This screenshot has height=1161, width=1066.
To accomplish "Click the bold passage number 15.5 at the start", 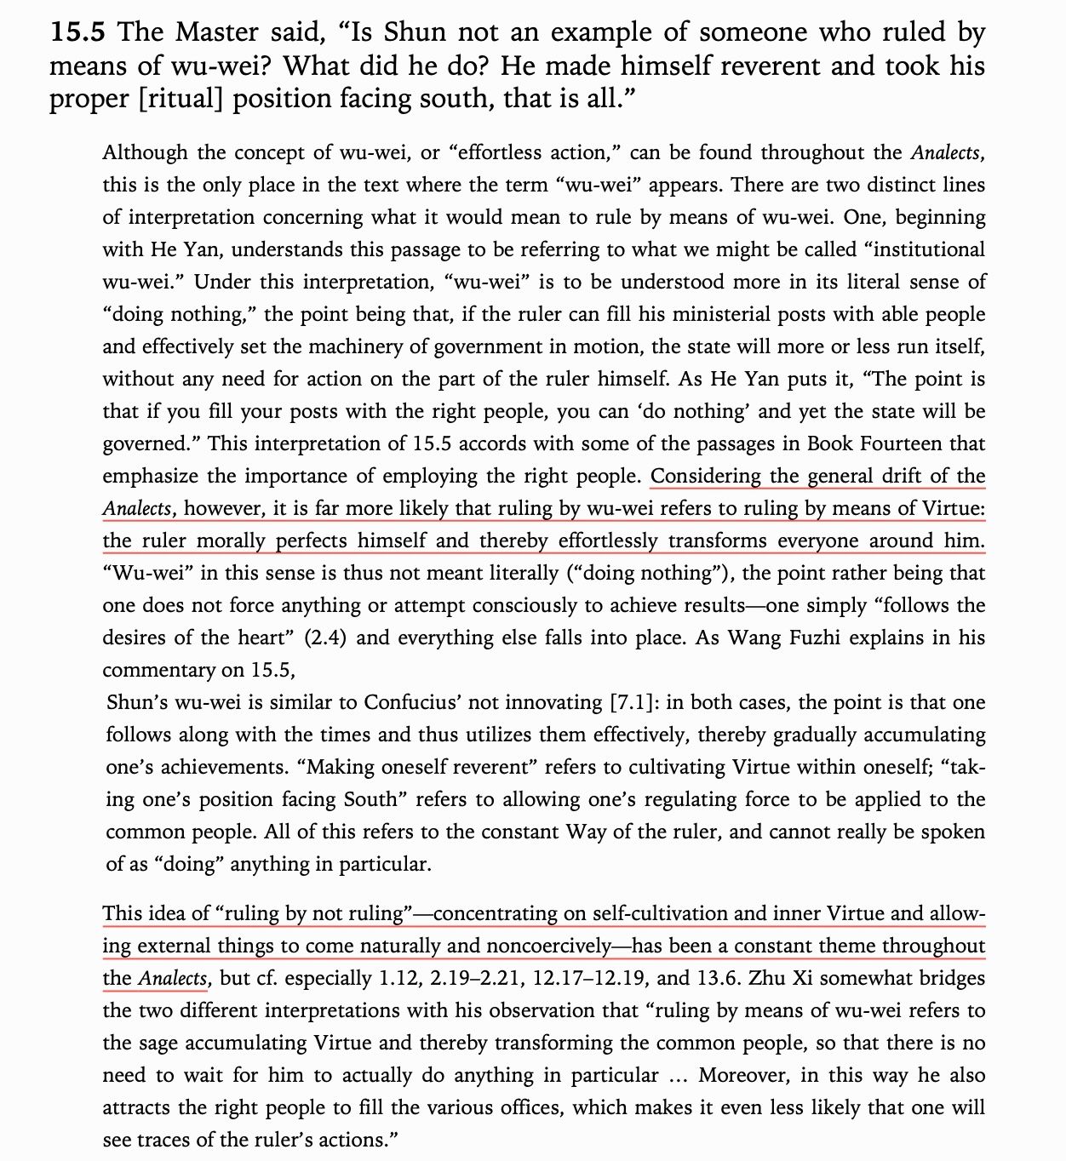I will [x=77, y=32].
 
